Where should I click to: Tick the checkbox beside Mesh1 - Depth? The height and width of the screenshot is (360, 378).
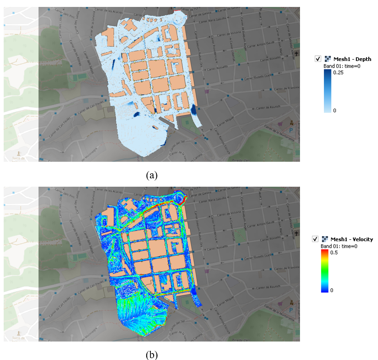point(318,59)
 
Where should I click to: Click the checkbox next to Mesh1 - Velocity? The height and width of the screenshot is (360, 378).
point(316,239)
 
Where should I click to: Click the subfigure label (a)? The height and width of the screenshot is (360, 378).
point(152,175)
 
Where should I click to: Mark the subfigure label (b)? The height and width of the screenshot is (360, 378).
point(152,355)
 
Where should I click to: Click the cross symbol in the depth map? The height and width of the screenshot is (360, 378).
point(296,54)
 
